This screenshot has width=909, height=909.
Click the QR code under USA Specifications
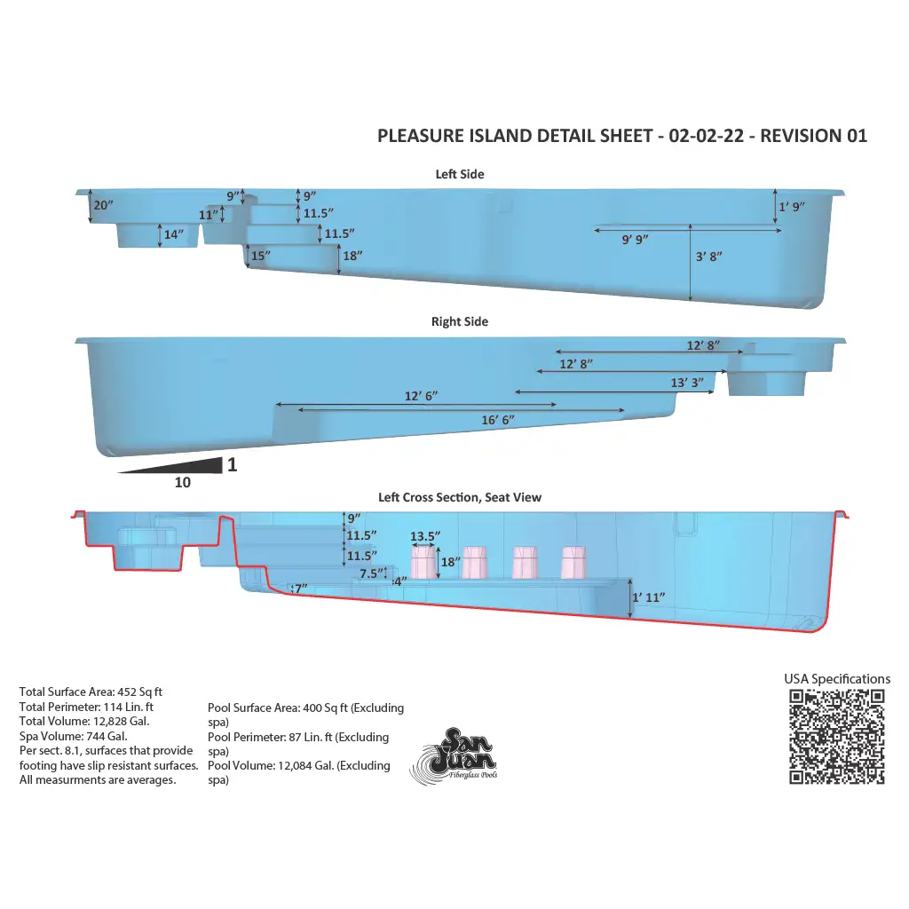(836, 736)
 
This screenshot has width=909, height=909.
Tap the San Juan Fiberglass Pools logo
(454, 756)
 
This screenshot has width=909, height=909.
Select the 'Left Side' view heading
(460, 174)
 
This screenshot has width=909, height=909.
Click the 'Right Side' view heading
(460, 321)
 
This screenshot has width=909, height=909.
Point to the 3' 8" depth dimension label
(709, 257)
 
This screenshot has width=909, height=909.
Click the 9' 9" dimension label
(635, 240)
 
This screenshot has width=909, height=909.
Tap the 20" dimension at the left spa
(103, 205)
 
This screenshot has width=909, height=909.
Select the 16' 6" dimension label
(498, 420)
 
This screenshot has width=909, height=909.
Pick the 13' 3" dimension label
(687, 383)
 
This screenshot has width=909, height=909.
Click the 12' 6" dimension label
(421, 396)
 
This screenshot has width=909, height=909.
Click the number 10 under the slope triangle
(183, 482)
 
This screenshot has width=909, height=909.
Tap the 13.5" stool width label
(425, 536)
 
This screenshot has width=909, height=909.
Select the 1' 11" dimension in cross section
(649, 597)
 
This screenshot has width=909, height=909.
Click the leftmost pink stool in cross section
(423, 563)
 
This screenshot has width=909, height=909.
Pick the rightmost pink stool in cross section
(574, 563)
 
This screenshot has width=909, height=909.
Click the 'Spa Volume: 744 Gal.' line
(73, 736)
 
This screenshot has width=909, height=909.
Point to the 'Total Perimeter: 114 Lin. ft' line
(86, 707)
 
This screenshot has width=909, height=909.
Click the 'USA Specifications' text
(837, 679)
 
